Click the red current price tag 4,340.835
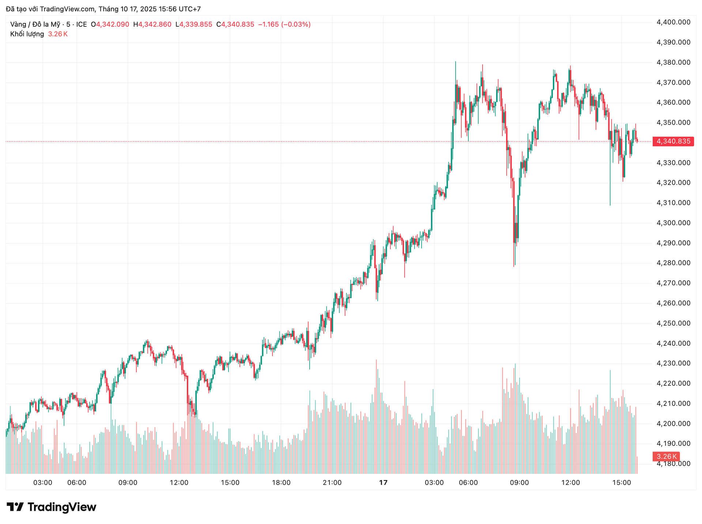pos(673,142)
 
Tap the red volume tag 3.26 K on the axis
pos(666,456)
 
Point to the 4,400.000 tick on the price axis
pos(673,22)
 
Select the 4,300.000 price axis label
pos(673,223)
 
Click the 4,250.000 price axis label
pos(673,323)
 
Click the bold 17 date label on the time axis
pos(383,483)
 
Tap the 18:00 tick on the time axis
pos(281,483)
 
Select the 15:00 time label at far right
pos(622,483)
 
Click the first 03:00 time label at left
pos(43,483)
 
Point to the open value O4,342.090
pos(110,24)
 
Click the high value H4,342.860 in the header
pos(152,24)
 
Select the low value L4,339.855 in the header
pos(194,24)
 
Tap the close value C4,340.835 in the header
pos(235,24)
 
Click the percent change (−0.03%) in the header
pos(296,24)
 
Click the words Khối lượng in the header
pos(27,34)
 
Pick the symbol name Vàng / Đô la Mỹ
pos(35,24)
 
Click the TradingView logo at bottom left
pos(52,507)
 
